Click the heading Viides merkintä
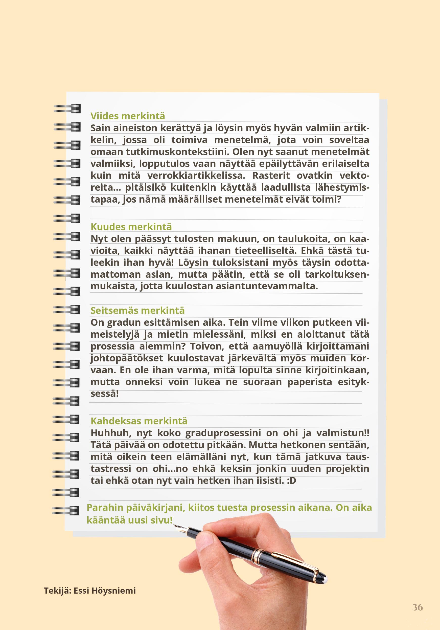click(x=128, y=116)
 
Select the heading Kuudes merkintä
click(x=131, y=227)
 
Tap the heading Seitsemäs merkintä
click(x=138, y=310)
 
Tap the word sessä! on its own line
click(x=104, y=394)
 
